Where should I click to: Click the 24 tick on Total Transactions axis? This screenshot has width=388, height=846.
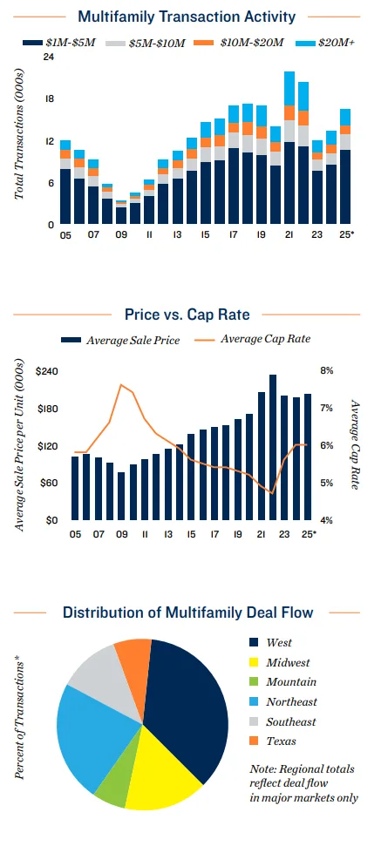(x=49, y=58)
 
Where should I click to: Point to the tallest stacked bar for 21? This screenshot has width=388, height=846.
(x=289, y=148)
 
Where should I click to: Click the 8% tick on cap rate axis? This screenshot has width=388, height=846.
(x=327, y=371)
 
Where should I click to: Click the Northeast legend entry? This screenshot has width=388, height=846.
(x=291, y=701)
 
